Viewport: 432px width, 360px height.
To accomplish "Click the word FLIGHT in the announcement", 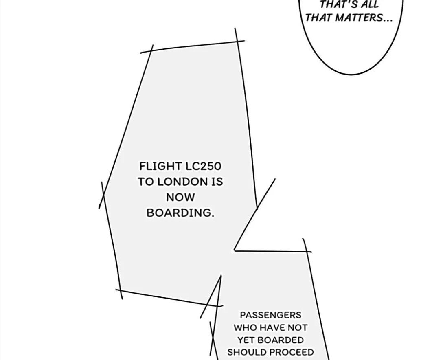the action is tap(160, 166).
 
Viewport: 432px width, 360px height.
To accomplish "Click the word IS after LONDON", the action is tap(217, 182).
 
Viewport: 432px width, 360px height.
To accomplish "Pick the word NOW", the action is tap(180, 197).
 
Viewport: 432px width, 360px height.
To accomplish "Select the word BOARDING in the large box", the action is tap(180, 213).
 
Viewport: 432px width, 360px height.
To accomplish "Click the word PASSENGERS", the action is tap(270, 315).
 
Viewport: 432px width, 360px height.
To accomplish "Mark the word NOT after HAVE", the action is tap(298, 327).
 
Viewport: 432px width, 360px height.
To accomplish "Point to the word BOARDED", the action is tap(281, 340).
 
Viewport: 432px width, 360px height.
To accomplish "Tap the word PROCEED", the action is tap(292, 352).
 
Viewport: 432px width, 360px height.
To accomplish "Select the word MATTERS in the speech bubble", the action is tap(359, 18).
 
